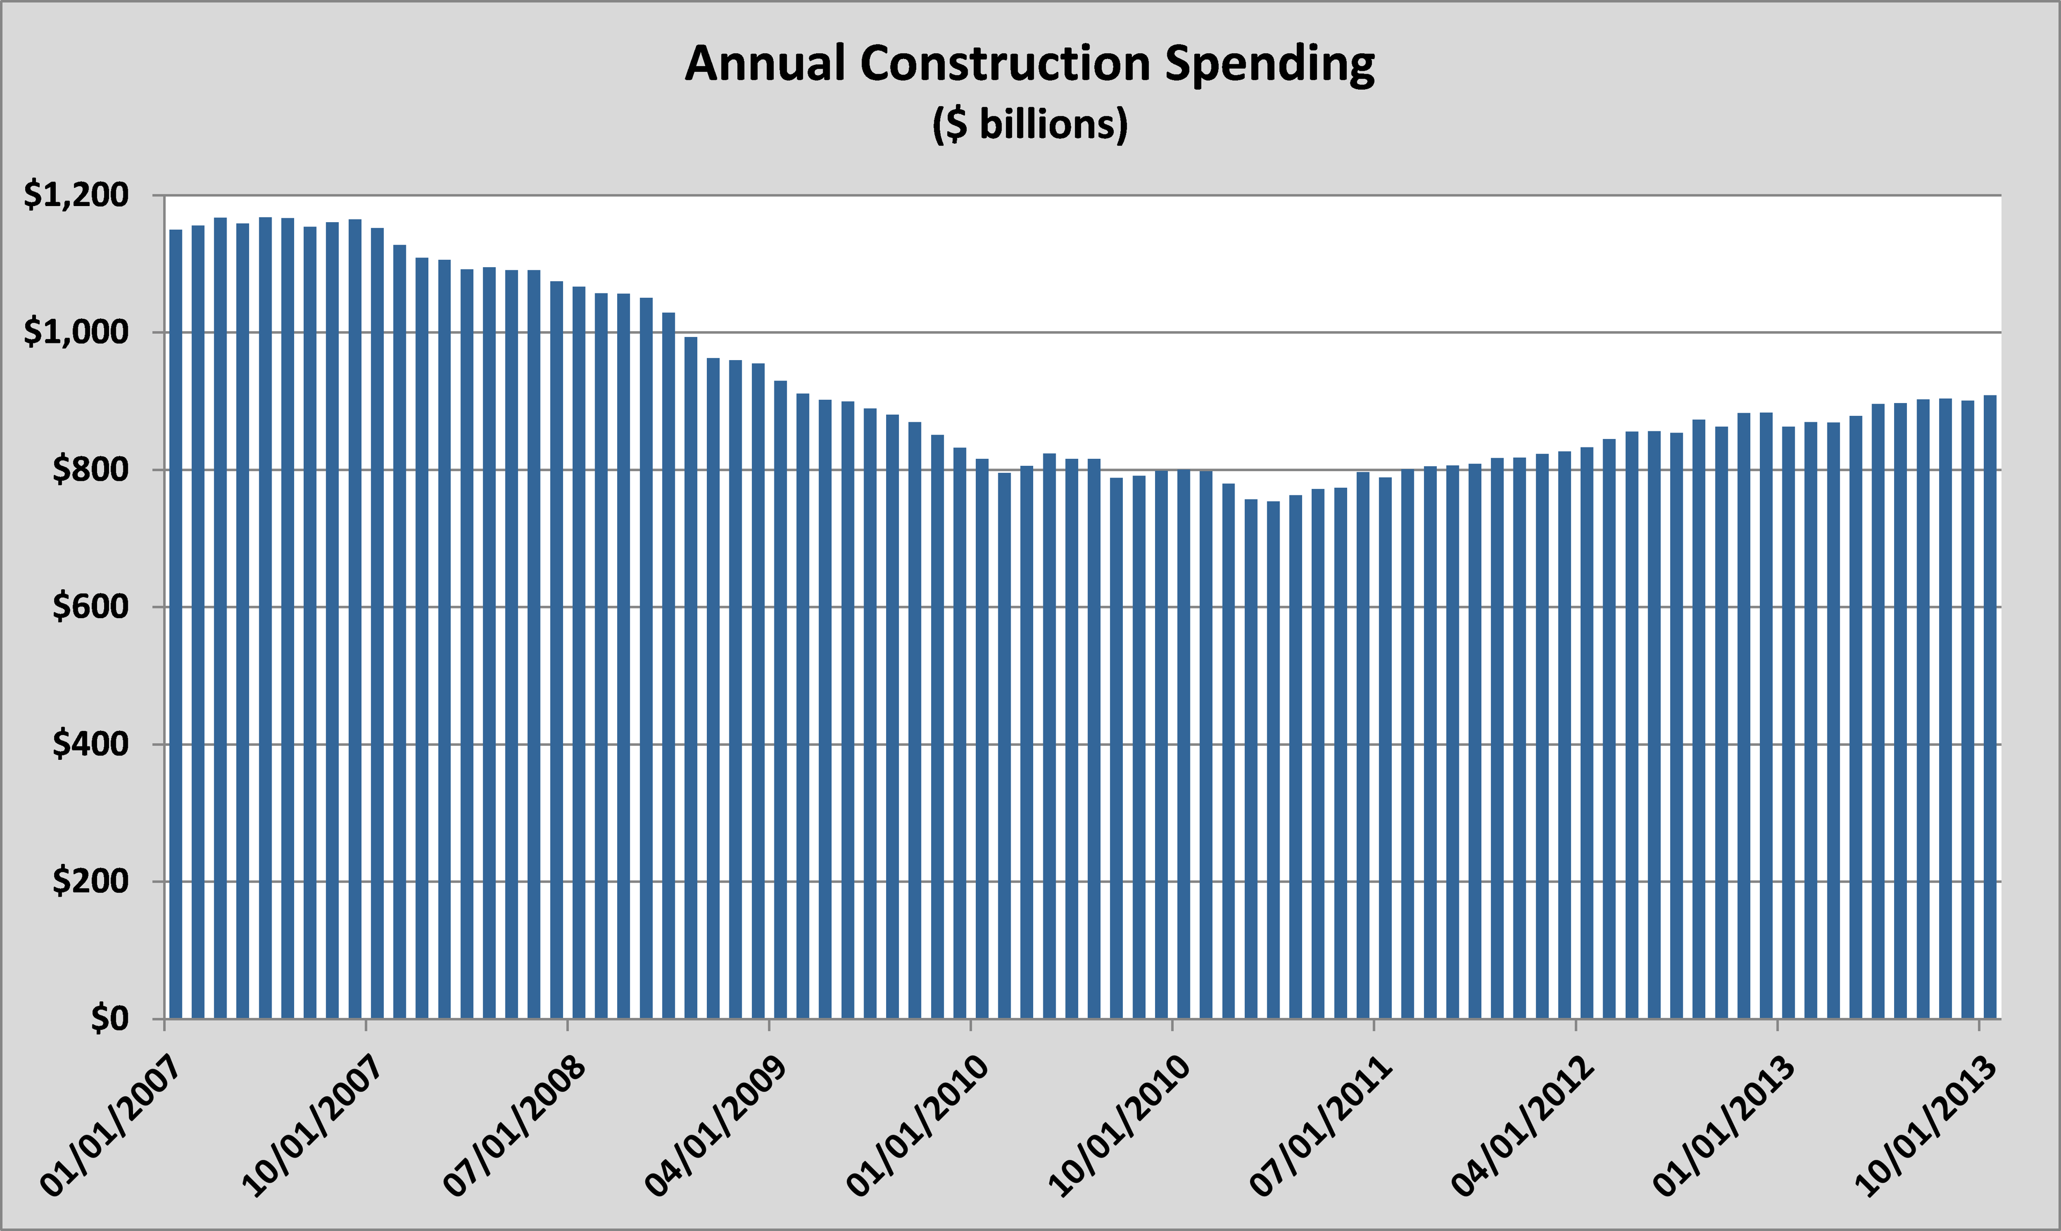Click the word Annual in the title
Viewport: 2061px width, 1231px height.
click(x=764, y=64)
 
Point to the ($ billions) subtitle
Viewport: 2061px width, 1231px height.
click(x=1029, y=124)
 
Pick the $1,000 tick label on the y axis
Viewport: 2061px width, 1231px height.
click(x=76, y=333)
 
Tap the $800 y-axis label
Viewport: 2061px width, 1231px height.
click(x=91, y=470)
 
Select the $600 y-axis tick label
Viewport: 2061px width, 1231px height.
click(x=91, y=606)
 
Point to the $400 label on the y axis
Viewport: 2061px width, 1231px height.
click(x=91, y=744)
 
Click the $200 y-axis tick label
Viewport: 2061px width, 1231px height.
click(x=91, y=881)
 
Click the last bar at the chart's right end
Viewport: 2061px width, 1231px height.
click(x=1990, y=705)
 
